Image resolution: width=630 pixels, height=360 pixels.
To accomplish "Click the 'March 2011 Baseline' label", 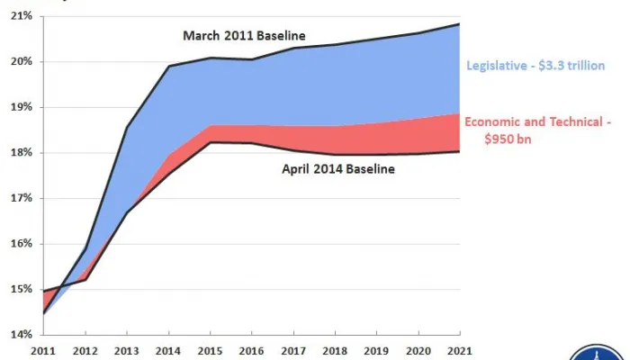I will click(x=244, y=36).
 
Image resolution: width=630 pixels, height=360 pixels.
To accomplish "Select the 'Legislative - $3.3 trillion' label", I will click(x=535, y=66).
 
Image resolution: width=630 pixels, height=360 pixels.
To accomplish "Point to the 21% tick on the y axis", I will click(x=21, y=16).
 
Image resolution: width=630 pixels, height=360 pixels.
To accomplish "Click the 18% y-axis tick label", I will click(x=21, y=153).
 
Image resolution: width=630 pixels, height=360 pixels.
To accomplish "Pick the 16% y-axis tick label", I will click(x=21, y=244).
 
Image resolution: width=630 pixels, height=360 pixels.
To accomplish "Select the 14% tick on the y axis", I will click(x=21, y=335).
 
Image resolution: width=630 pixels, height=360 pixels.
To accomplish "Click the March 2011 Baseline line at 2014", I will click(x=167, y=66).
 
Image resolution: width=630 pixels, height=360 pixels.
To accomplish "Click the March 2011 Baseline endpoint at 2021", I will click(x=459, y=24).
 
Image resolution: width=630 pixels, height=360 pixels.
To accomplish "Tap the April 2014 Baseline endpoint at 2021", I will click(x=459, y=151).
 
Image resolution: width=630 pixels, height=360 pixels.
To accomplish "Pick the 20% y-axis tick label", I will click(x=21, y=62).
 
